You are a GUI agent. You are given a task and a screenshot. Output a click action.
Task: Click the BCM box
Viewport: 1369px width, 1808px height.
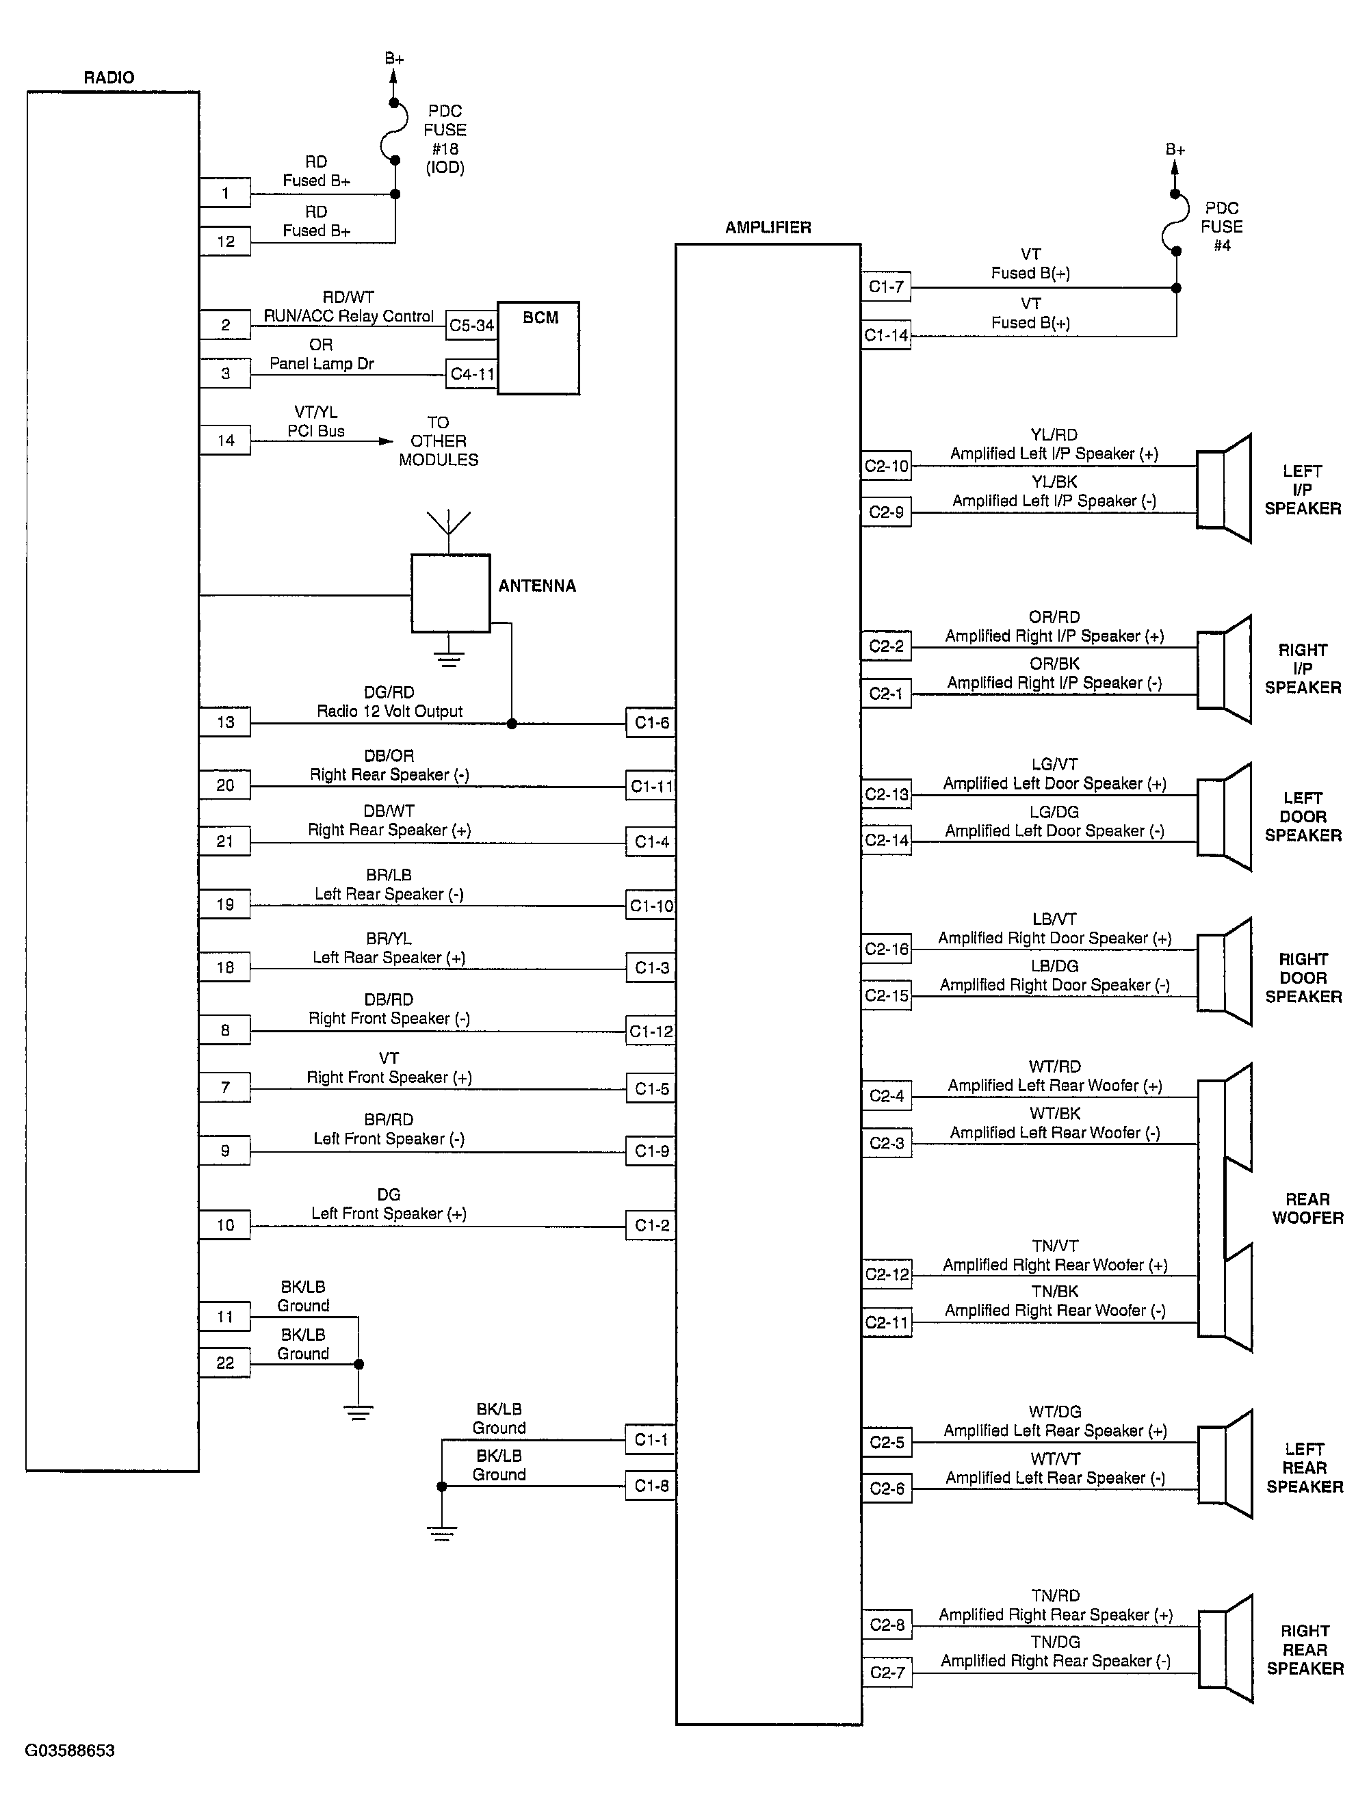(538, 348)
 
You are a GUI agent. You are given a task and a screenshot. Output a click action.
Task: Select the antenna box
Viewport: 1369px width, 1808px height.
(450, 593)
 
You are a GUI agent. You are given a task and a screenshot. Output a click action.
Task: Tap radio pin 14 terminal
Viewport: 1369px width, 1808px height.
(225, 441)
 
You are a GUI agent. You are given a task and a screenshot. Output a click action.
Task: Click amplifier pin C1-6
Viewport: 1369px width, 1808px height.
(651, 722)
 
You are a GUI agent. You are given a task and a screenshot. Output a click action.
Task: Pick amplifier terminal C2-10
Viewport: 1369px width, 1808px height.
(886, 466)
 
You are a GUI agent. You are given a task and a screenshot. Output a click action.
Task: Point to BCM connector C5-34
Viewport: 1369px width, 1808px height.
(471, 326)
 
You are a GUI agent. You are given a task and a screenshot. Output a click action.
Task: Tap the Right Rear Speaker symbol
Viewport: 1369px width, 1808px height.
(1225, 1649)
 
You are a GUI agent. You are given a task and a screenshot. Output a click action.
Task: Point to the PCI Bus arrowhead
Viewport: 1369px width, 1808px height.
(386, 441)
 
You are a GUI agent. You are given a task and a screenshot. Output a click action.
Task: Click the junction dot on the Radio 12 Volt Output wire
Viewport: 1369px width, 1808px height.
(512, 723)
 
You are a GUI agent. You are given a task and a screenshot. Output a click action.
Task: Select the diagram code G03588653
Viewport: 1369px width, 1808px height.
(70, 1751)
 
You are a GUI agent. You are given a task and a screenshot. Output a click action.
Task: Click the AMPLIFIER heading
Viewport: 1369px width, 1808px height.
(768, 227)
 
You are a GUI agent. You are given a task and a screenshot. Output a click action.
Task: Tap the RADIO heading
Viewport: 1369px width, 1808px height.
(109, 78)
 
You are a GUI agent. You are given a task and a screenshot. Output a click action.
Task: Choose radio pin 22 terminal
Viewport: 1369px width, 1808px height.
(225, 1363)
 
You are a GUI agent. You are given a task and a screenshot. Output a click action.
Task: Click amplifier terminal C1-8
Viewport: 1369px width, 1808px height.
(651, 1486)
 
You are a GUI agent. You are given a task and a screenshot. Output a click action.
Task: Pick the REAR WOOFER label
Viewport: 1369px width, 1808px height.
(1307, 1209)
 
